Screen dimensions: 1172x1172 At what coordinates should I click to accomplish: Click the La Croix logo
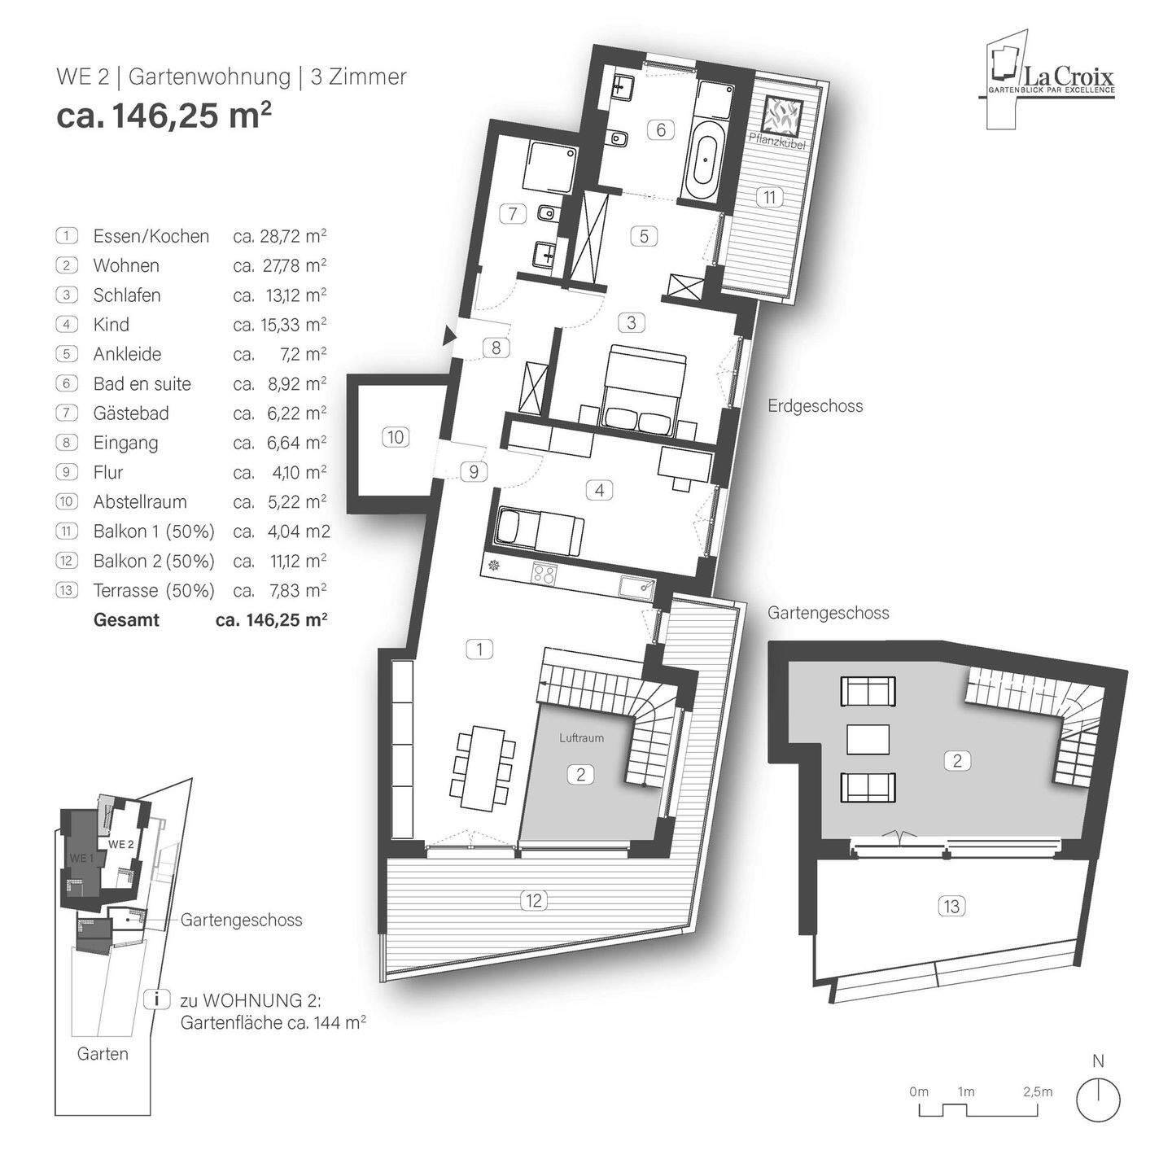click(x=1050, y=81)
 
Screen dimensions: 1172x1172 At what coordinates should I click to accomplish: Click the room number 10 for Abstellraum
click(x=395, y=437)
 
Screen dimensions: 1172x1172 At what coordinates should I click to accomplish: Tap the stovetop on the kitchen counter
click(x=545, y=573)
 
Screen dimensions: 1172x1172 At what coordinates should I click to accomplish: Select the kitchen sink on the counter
click(x=636, y=586)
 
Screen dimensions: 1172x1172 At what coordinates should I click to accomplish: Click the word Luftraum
click(x=581, y=737)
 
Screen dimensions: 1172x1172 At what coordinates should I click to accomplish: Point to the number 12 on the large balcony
click(x=534, y=900)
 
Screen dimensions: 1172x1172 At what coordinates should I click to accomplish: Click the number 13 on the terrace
click(x=951, y=905)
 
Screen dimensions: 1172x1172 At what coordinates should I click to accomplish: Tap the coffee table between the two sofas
click(x=868, y=739)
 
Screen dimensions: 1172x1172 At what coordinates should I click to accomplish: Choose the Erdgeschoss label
click(x=815, y=405)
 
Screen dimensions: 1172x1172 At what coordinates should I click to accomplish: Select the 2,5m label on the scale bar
click(x=1037, y=1091)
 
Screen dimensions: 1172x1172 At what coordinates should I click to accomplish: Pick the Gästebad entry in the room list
click(x=131, y=413)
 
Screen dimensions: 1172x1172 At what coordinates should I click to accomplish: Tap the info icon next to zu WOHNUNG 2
click(x=151, y=999)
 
